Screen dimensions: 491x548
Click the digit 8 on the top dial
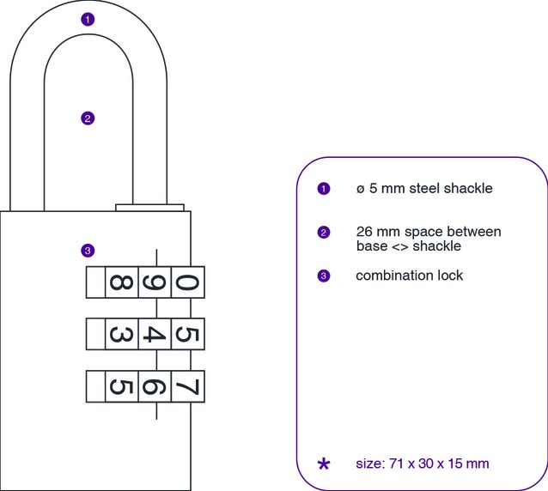click(x=121, y=282)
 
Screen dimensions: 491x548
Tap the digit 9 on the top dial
click(x=155, y=282)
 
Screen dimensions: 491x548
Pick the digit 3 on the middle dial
click(x=121, y=334)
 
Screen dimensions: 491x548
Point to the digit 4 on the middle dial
click(x=155, y=334)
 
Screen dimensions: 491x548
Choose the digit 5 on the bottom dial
click(x=121, y=386)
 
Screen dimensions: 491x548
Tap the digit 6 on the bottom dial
click(x=155, y=386)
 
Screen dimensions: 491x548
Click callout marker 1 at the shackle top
click(x=87, y=19)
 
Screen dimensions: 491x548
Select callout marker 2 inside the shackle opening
click(x=87, y=118)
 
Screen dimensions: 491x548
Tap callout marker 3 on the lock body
click(x=87, y=251)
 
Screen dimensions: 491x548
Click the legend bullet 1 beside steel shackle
click(x=323, y=189)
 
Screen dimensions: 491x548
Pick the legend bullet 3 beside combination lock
click(x=323, y=276)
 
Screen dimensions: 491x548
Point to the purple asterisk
click(x=323, y=464)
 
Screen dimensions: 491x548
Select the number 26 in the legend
click(x=364, y=232)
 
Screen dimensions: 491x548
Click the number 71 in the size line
click(x=393, y=464)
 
